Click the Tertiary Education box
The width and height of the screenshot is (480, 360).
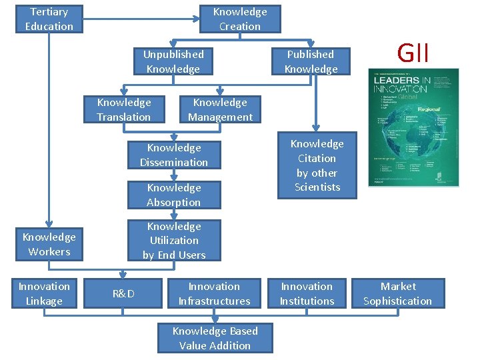[49, 19]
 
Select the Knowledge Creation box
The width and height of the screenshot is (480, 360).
[240, 19]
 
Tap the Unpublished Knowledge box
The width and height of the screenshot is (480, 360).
[173, 61]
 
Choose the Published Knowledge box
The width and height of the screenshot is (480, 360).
[311, 61]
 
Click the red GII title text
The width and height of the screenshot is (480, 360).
[413, 51]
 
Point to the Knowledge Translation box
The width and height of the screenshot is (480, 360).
[124, 109]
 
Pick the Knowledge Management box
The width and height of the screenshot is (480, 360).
[220, 109]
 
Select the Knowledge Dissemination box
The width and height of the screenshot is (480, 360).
[174, 155]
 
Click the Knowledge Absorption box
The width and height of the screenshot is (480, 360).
[174, 195]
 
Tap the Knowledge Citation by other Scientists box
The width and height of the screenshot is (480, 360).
[317, 165]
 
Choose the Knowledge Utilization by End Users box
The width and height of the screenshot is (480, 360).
[174, 241]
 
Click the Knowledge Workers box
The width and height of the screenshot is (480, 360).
[49, 244]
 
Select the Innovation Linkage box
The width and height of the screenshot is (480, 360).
[44, 293]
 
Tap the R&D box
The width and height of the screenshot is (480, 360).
[123, 293]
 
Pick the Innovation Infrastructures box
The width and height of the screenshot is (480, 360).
[214, 293]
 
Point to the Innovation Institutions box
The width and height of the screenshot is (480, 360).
[307, 293]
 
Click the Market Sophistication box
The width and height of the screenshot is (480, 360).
[398, 293]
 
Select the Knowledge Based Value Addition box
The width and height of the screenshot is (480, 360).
[215, 338]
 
